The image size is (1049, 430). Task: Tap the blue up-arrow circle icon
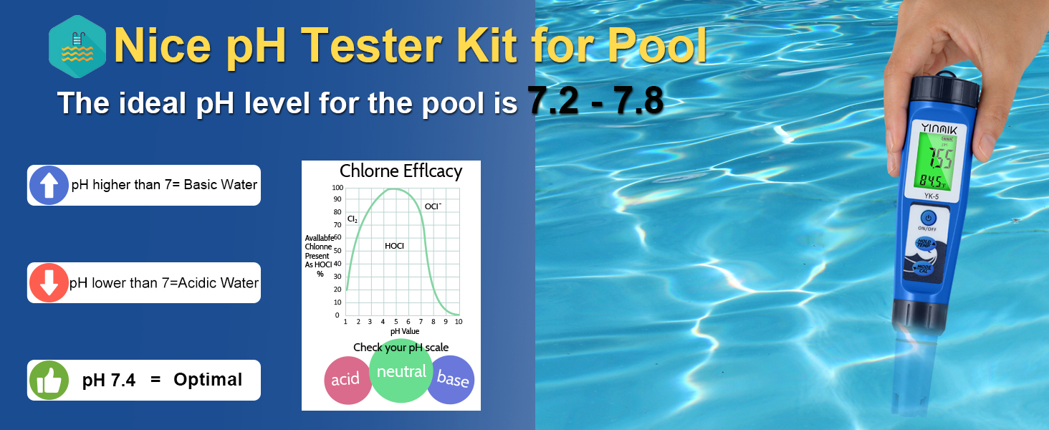49,185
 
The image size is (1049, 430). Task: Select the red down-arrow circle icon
49,282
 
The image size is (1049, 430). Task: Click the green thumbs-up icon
49,380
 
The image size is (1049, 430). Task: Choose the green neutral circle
401,371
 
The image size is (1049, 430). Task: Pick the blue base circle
451,379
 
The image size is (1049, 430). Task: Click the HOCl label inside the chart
394,246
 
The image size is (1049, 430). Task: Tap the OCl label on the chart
433,206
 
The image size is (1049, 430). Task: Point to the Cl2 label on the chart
352,219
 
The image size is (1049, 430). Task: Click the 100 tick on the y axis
336,188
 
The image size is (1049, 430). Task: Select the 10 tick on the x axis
458,322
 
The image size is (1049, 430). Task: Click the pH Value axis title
405,332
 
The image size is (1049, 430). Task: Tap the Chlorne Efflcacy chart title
401,171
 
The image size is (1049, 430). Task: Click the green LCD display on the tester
931,163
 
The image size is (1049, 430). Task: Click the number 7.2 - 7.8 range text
595,101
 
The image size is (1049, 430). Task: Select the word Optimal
208,380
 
